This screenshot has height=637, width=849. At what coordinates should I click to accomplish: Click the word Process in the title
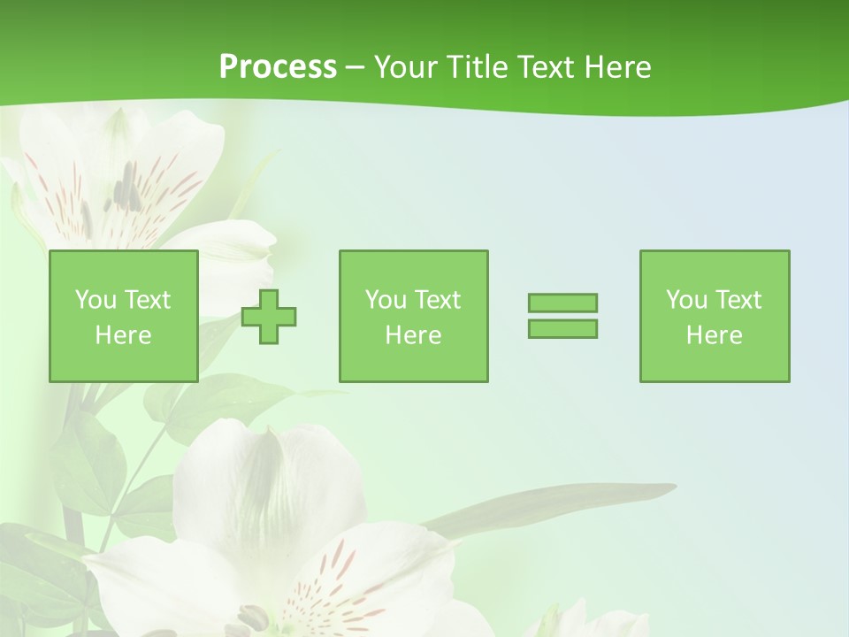click(x=278, y=67)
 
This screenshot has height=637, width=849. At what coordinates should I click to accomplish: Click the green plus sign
click(x=270, y=317)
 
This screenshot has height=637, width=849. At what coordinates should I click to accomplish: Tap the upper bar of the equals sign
click(x=562, y=303)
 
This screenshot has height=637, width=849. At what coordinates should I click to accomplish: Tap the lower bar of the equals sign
click(x=562, y=328)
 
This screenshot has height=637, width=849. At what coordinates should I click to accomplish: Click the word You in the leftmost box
click(x=96, y=300)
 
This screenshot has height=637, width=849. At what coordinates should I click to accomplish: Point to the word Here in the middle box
click(x=413, y=335)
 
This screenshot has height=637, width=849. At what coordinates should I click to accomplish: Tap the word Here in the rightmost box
click(x=715, y=335)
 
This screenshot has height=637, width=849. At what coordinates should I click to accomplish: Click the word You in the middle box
click(x=386, y=300)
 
